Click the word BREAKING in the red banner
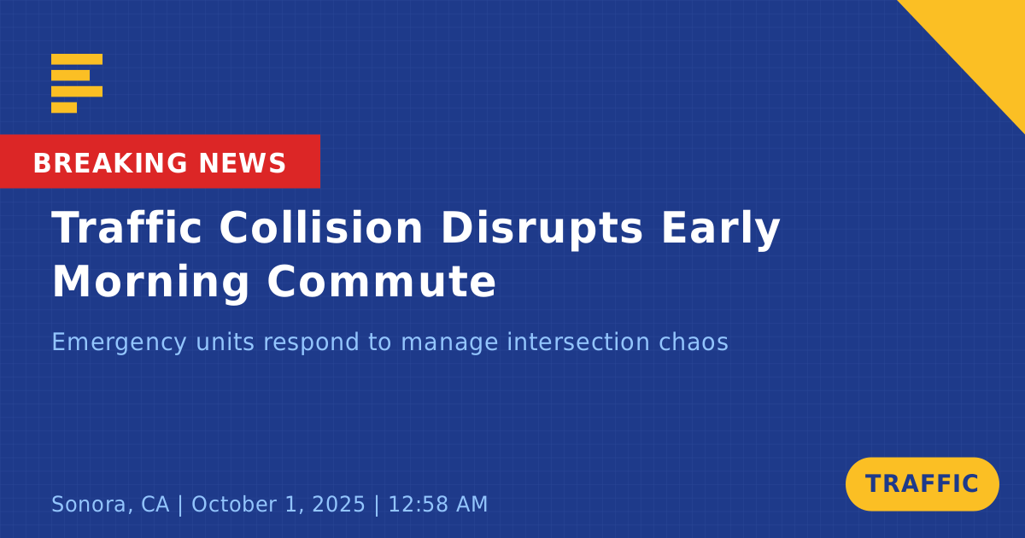(x=110, y=163)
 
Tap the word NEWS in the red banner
(x=243, y=163)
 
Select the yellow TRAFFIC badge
(x=922, y=484)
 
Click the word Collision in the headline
(x=321, y=228)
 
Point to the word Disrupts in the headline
(x=542, y=229)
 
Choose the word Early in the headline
(x=721, y=229)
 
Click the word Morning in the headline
(x=150, y=283)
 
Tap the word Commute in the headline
(x=382, y=282)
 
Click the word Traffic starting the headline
(x=126, y=227)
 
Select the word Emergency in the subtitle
(x=119, y=342)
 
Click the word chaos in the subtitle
(x=694, y=342)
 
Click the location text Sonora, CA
(x=110, y=505)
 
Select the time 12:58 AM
(x=438, y=504)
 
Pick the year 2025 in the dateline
(x=338, y=504)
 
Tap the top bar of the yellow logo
(x=77, y=59)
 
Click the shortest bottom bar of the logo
(x=64, y=108)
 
